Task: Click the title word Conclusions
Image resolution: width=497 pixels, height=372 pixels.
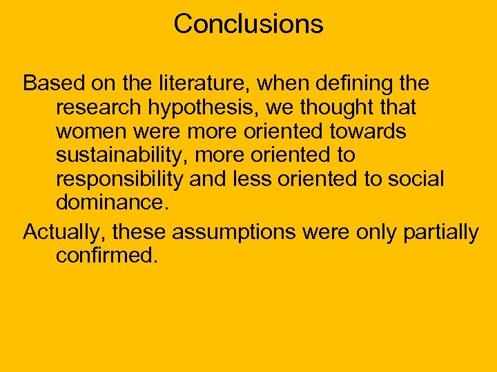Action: pyautogui.click(x=248, y=24)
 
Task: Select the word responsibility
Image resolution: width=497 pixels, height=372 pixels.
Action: pyautogui.click(x=119, y=178)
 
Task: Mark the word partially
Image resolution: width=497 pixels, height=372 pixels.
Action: pyautogui.click(x=442, y=233)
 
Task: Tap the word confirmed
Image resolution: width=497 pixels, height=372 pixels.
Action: pyautogui.click(x=106, y=256)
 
